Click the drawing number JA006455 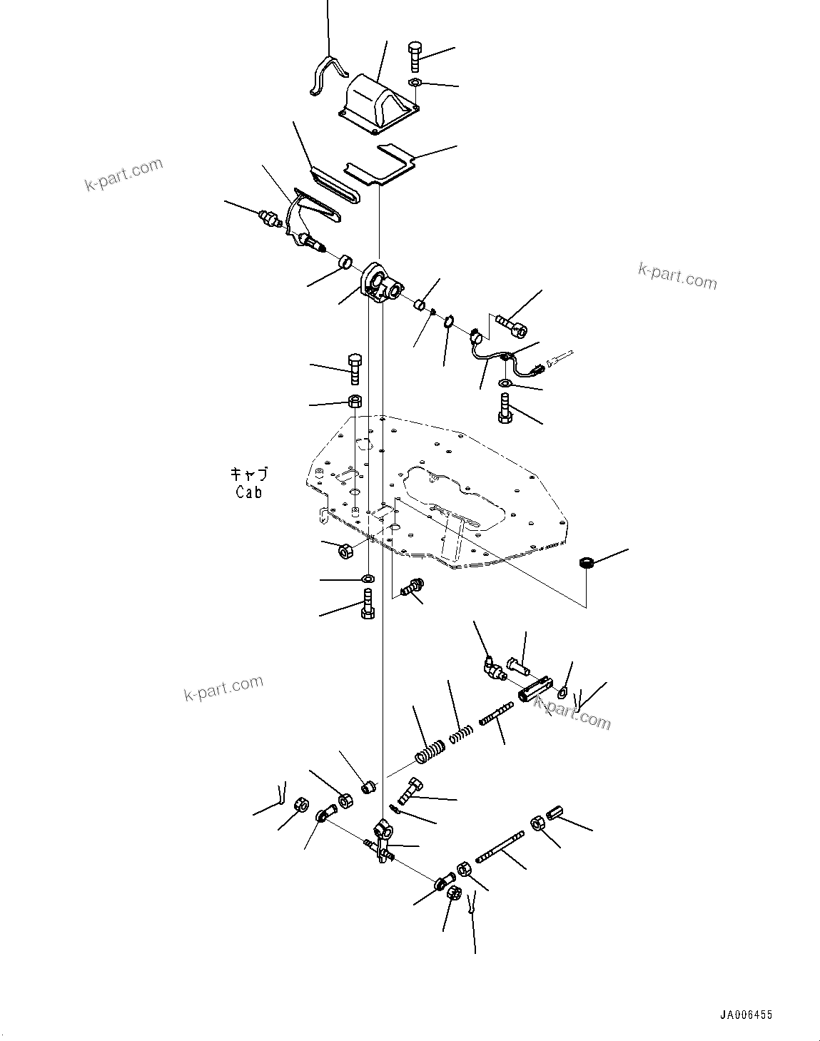[x=745, y=1015]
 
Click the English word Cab [x=248, y=492]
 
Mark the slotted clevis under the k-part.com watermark [x=534, y=690]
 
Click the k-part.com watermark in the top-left [x=123, y=176]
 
